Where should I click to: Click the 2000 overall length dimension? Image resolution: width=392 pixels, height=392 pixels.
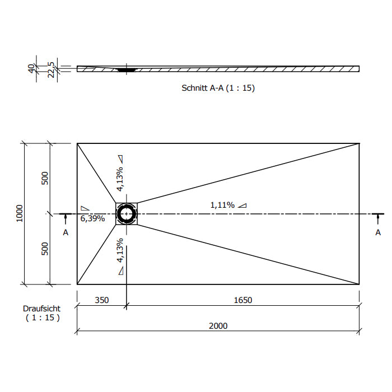pos(218,326)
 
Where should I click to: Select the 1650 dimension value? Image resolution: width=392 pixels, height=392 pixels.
pos(242,300)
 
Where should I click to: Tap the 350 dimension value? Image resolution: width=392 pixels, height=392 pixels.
pos(102,300)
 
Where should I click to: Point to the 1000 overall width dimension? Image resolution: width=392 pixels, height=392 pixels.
pos(19,213)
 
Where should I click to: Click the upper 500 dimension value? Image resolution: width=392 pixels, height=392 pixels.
pos(44,178)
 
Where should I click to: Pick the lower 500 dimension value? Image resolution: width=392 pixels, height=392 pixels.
pos(44,249)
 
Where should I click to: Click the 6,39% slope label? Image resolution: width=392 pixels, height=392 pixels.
pos(92,218)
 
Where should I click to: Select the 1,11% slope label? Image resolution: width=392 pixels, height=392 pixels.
pos(222,206)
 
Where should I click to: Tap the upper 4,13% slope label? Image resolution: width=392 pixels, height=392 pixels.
pos(120,179)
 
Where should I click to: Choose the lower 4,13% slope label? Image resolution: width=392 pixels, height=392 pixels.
pos(120,250)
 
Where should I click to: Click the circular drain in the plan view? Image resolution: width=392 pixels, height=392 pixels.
pos(127,214)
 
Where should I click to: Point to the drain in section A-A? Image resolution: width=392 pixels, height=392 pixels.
pos(127,69)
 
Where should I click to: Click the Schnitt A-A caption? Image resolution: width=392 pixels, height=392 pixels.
pos(218,88)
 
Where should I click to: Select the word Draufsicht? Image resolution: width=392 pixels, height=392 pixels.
pos(41,309)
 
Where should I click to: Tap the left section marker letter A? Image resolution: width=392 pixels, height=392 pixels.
pos(66,232)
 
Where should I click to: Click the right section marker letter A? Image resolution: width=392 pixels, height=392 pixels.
pos(378,232)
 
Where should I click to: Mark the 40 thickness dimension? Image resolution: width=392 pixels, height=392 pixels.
pos(31,68)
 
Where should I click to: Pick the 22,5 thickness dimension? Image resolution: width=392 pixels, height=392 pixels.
pos(51,70)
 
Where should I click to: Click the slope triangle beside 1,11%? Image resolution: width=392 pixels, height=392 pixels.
pos(242,206)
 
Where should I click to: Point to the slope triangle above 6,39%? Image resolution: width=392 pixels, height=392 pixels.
pos(85,208)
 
